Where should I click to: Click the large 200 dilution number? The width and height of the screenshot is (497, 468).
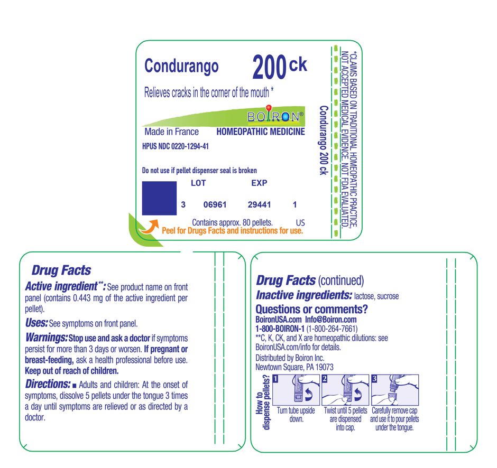(x=269, y=68)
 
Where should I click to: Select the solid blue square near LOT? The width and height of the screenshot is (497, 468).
(x=160, y=198)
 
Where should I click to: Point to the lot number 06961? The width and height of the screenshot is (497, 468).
(x=215, y=204)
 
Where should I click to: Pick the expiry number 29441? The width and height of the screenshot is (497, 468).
(x=259, y=204)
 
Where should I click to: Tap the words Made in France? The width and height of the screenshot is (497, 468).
(x=172, y=132)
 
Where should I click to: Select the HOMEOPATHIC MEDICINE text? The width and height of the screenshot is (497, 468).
(x=261, y=132)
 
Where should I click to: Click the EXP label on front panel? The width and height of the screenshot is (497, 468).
(x=259, y=183)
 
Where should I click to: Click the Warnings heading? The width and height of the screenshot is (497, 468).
(x=47, y=337)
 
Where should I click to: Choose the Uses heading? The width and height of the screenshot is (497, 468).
(x=36, y=322)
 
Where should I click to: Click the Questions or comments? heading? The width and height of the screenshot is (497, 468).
(x=311, y=309)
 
